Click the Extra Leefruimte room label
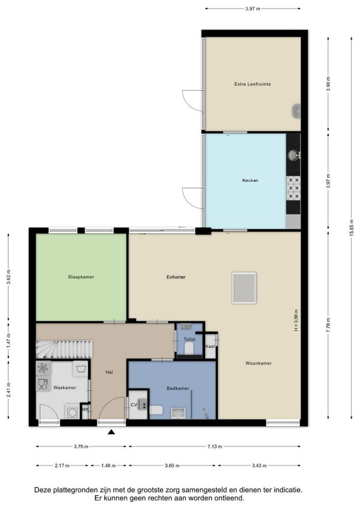253,84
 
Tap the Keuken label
250,180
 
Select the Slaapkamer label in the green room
81,277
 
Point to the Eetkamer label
176,277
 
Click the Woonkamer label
259,363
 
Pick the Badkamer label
178,388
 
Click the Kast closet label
210,346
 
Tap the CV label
134,405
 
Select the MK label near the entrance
85,409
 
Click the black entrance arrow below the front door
112,432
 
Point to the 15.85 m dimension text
352,228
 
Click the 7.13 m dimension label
215,447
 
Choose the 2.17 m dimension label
62,466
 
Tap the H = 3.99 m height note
296,321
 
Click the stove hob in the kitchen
293,188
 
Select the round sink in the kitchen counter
294,155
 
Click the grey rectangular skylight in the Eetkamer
244,288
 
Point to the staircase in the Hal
64,349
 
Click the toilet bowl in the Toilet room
189,349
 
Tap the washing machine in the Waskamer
72,412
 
